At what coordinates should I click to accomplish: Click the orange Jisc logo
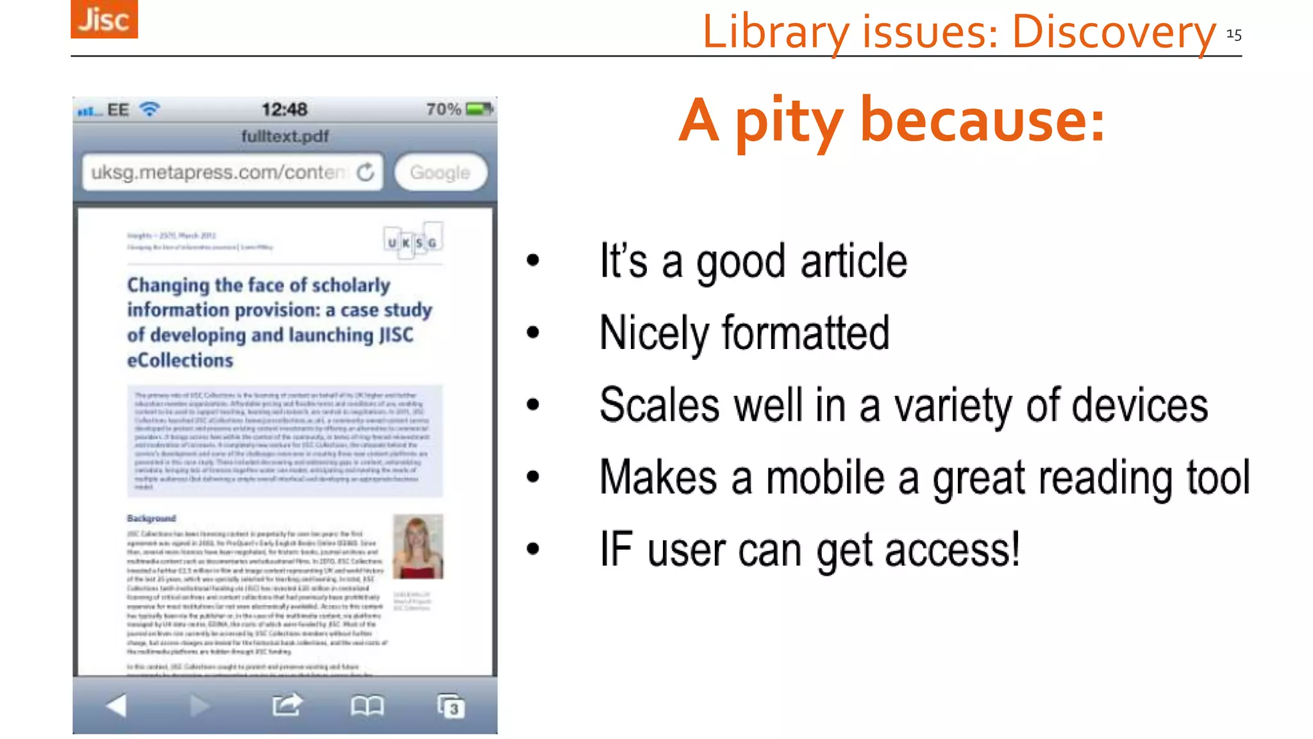point(104,19)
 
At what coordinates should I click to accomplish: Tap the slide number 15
point(1234,35)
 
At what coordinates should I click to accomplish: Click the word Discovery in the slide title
point(1114,32)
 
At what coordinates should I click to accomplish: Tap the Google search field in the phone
point(440,173)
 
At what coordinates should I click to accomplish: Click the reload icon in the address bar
point(365,172)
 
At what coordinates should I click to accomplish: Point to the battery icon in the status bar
point(480,109)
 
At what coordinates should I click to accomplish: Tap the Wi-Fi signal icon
point(149,109)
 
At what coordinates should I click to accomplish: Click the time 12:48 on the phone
point(284,109)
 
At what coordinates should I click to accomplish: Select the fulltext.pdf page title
point(285,136)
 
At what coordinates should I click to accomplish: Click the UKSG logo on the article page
point(413,241)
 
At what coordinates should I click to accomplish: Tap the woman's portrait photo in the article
point(417,547)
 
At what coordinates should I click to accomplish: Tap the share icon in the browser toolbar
point(287,705)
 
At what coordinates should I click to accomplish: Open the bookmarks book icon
point(367,706)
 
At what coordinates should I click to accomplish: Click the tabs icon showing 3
point(451,706)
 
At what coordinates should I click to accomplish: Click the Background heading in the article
point(151,518)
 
